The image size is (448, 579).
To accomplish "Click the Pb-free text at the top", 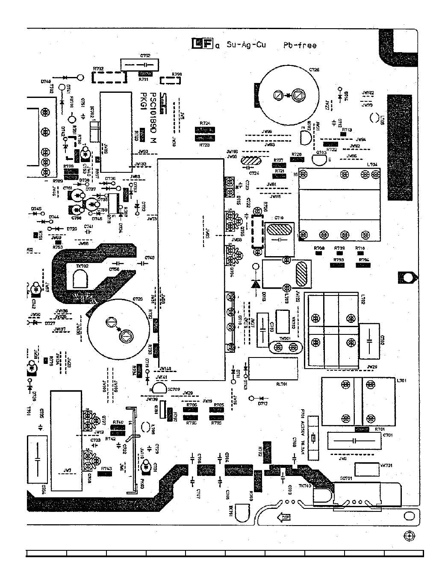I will (x=300, y=45).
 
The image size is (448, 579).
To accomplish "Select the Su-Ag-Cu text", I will (x=246, y=44).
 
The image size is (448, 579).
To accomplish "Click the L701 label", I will (x=401, y=380).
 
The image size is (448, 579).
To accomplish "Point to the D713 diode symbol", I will (x=256, y=283).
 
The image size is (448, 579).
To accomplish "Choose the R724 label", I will (x=205, y=123).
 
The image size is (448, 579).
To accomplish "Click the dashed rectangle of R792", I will (x=109, y=77).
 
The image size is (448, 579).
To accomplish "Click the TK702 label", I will (x=82, y=266).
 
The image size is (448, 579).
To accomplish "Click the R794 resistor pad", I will (x=363, y=265).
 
